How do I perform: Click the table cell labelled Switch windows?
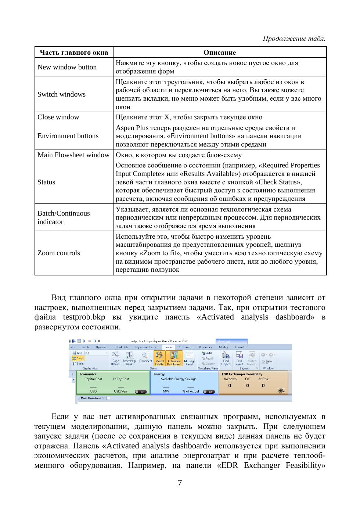(61, 94)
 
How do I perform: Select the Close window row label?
(58, 117)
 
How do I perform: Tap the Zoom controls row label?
(58, 253)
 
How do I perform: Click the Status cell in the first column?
(46, 182)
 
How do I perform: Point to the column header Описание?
(220, 53)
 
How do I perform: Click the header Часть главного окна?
(74, 53)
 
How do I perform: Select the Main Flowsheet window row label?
(73, 155)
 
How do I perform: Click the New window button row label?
(67, 67)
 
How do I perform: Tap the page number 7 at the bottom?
(180, 483)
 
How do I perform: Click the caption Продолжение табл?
(294, 39)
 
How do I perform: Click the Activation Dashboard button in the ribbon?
(174, 358)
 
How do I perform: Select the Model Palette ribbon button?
(159, 358)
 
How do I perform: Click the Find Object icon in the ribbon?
(226, 358)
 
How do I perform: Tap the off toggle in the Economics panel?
(141, 391)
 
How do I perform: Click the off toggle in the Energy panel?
(209, 391)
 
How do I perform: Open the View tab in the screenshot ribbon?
(169, 347)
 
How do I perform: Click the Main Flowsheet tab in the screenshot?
(91, 398)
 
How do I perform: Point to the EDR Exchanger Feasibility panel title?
(242, 374)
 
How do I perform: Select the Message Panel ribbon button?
(189, 358)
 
